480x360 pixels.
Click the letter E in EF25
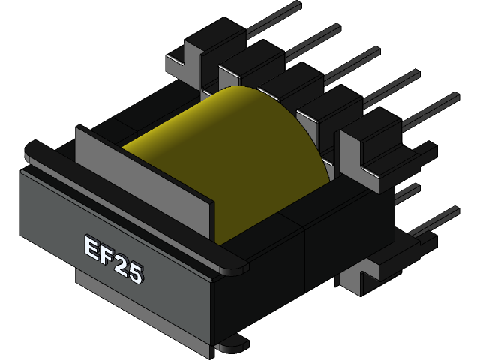tap(89, 248)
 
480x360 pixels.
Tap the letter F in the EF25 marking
tap(106, 256)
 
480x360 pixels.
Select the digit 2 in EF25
tap(120, 265)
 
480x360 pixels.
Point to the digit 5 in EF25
tap(135, 274)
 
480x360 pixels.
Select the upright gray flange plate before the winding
tap(142, 176)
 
